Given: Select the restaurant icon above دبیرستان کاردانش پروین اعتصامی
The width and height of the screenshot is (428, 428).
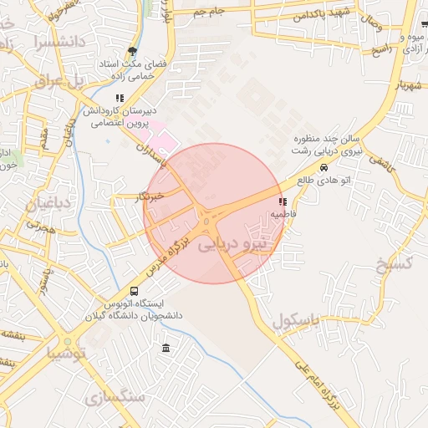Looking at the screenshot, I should (120, 98).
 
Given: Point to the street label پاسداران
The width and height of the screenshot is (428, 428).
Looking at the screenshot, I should (156, 154).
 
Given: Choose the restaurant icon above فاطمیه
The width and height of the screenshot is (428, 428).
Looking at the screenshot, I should (283, 201).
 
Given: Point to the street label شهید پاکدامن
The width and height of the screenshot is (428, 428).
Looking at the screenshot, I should (325, 15).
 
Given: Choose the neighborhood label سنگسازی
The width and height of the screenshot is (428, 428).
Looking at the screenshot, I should (115, 396).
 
